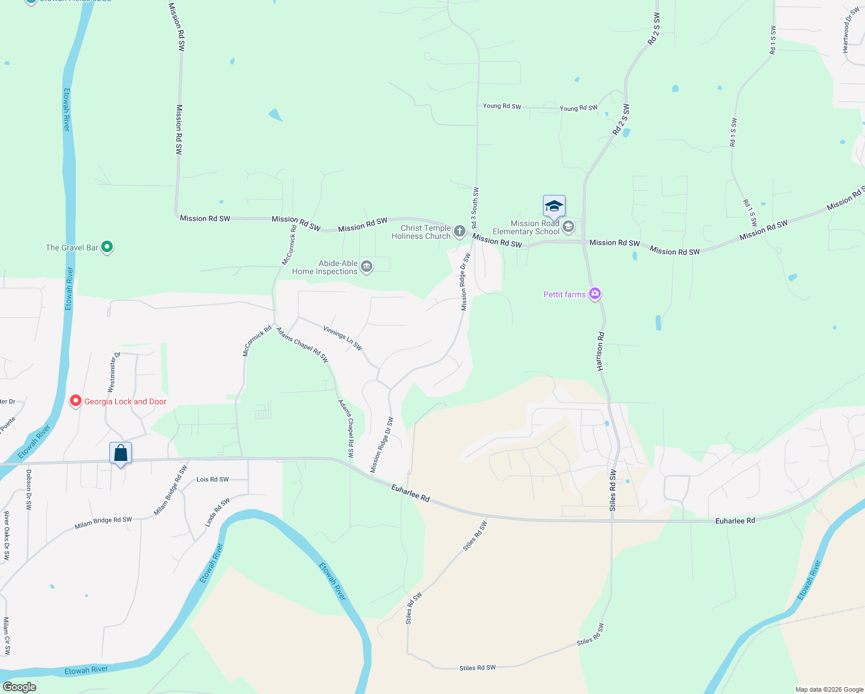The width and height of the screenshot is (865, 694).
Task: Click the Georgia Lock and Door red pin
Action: [75, 401]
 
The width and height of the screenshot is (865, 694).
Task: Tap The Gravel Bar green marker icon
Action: [107, 248]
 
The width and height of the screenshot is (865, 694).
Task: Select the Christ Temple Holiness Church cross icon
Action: [459, 232]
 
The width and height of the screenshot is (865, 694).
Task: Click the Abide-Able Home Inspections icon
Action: [366, 267]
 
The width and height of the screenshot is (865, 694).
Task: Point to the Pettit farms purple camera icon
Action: [595, 294]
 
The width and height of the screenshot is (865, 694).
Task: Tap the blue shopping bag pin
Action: [120, 453]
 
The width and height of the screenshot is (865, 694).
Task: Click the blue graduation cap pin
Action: [554, 206]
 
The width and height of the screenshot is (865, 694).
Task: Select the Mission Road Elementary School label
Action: [535, 227]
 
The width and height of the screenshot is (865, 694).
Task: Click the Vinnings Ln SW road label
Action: [343, 338]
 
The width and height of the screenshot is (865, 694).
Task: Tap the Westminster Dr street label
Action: [114, 372]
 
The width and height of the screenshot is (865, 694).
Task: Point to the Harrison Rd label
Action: [600, 352]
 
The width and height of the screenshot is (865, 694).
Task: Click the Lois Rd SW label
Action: [212, 479]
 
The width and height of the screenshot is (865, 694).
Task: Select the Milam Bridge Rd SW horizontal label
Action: [103, 523]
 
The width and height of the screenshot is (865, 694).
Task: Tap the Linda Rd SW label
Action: [217, 512]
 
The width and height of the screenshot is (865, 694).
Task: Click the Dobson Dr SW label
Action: [28, 489]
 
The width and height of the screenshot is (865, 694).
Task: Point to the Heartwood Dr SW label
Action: [851, 30]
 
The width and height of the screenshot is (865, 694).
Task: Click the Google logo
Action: [19, 687]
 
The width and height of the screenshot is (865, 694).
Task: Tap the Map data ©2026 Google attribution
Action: [829, 689]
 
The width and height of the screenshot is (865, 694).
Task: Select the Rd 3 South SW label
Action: [475, 208]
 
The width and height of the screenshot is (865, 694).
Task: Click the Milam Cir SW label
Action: [6, 636]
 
